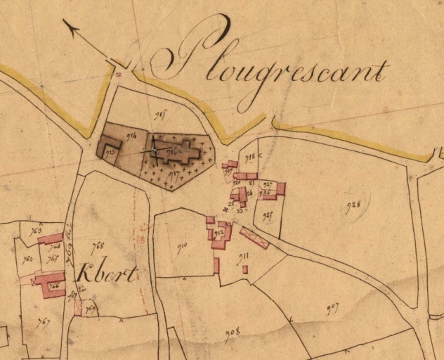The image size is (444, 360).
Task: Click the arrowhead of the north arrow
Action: tap(70, 25)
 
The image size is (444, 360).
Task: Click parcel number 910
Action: tap(182, 247)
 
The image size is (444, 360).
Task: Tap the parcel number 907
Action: tap(332, 307)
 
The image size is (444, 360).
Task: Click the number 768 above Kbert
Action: tap(98, 245)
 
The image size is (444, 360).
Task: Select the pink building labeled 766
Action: tap(50, 285)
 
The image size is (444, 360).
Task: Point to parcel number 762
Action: tap(28, 259)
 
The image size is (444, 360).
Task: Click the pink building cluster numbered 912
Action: tap(220, 233)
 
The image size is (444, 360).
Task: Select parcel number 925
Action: tap(267, 216)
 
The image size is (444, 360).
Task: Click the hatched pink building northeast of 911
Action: tap(254, 237)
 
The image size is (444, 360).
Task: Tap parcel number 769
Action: tap(89, 309)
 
